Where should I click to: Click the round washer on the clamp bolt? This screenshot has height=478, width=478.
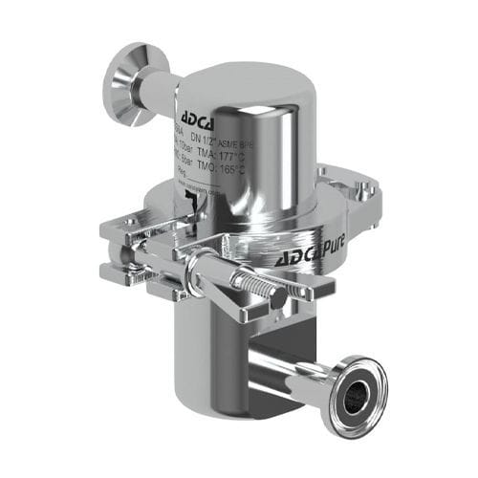[x=204, y=273]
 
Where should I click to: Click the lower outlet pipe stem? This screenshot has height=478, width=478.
[x=287, y=368]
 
